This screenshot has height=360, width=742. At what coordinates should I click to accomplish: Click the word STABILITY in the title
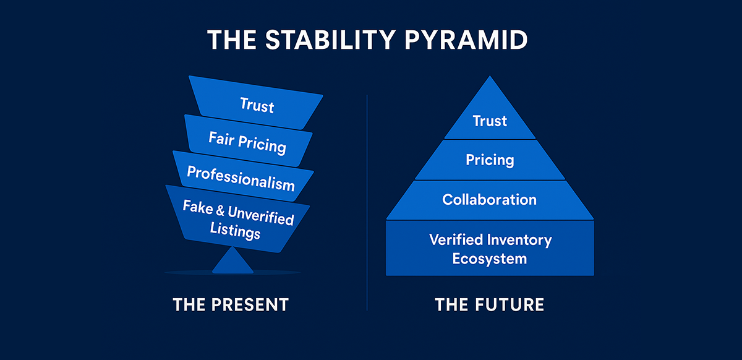click(330, 40)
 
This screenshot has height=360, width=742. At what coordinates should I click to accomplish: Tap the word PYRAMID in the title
click(466, 40)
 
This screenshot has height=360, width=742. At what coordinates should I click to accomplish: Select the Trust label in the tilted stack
click(257, 105)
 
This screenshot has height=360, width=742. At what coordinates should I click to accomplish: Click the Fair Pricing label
click(247, 143)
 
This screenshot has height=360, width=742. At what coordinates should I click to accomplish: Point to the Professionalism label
click(241, 178)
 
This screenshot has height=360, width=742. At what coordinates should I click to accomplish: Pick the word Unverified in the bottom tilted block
click(261, 215)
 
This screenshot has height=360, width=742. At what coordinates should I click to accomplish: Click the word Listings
click(235, 230)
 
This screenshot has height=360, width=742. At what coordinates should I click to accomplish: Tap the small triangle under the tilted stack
click(232, 260)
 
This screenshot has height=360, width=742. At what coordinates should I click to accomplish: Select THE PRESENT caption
click(231, 304)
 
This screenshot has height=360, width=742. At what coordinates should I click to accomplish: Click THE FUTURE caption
click(490, 304)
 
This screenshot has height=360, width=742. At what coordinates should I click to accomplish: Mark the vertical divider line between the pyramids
click(367, 203)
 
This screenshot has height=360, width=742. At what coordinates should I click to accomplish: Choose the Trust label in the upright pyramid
click(490, 121)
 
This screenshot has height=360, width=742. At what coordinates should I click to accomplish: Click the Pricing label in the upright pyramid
click(490, 160)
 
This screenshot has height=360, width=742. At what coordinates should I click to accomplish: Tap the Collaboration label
click(490, 200)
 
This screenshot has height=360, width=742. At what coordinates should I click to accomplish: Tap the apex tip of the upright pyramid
click(490, 76)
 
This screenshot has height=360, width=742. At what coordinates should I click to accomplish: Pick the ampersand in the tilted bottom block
click(220, 210)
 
